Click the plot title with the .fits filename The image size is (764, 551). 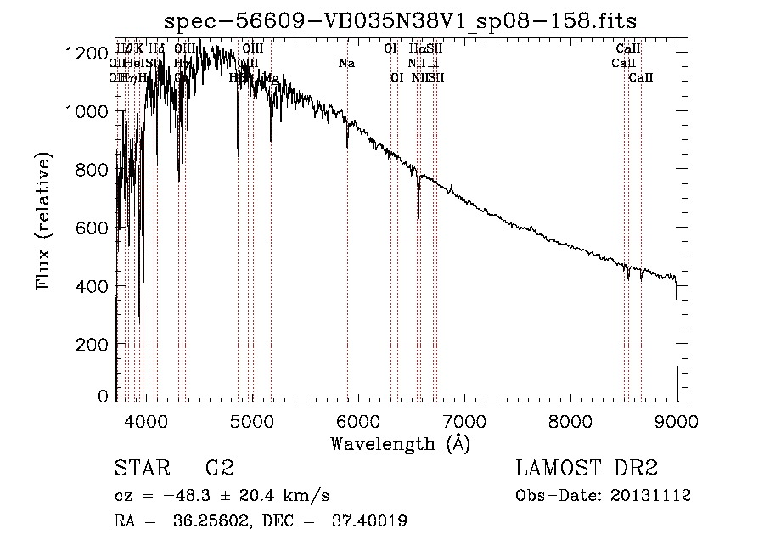pos(400,20)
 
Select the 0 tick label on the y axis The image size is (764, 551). pos(103,396)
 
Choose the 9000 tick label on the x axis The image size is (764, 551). pos(677,421)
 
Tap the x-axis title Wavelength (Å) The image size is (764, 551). pos(400,443)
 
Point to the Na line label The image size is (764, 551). pos(346,63)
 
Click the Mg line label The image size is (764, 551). pos(271,77)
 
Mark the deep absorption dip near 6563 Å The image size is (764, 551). pos(419,212)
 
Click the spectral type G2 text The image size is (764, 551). pos(220,469)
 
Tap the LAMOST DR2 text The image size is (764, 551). pos(587,469)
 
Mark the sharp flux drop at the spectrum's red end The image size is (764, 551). pos(677,340)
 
